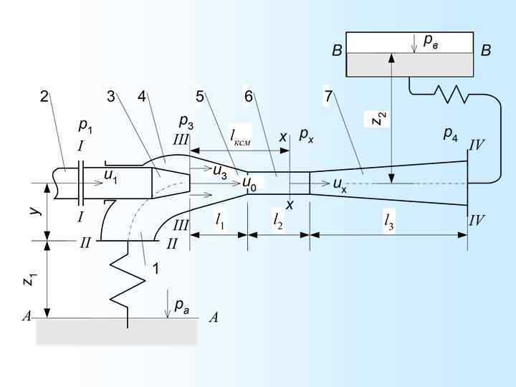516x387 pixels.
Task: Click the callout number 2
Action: [44, 97]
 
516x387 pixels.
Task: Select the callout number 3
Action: [111, 97]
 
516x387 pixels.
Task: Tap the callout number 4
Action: [142, 97]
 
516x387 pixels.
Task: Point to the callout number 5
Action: [200, 97]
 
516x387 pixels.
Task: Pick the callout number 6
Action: [248, 97]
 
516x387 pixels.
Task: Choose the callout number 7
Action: [328, 97]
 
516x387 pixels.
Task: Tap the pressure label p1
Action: [85, 126]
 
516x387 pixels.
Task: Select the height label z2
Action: [379, 118]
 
